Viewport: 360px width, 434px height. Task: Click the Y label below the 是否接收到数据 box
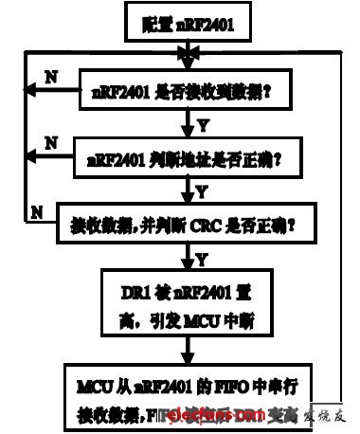[x=201, y=125]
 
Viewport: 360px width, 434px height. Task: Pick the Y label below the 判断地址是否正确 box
[x=201, y=190]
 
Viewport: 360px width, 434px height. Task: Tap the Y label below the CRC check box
[x=201, y=257]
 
